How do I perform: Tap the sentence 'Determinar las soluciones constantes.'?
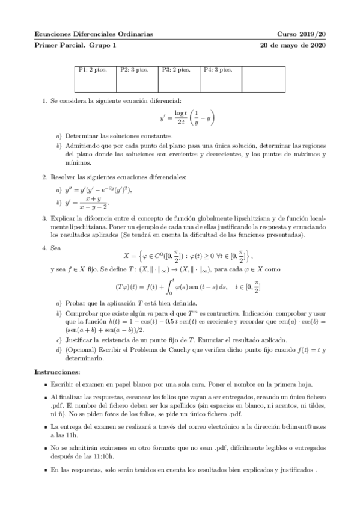click(111, 135)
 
